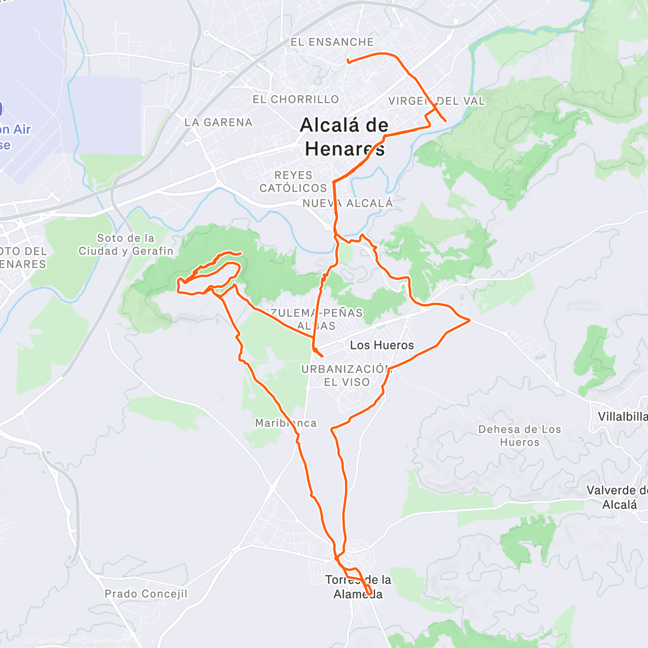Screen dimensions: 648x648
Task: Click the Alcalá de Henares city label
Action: point(344,137)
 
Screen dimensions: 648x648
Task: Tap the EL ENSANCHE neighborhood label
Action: point(332,42)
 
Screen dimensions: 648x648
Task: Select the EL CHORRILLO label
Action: point(296,99)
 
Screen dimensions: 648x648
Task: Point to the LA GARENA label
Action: point(218,123)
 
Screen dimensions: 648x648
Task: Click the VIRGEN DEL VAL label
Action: point(436,101)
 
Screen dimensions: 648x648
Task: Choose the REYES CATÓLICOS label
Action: point(293,182)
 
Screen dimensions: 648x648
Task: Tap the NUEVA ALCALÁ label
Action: point(348,204)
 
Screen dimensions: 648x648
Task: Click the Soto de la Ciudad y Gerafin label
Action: point(126,245)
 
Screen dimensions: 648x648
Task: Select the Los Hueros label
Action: point(382,345)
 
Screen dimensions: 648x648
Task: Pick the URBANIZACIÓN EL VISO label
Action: point(346,375)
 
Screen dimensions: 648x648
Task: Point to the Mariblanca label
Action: point(286,423)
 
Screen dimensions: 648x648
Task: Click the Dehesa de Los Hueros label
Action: point(519,436)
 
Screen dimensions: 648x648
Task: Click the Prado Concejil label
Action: point(146,593)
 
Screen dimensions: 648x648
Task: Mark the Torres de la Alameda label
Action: point(358,587)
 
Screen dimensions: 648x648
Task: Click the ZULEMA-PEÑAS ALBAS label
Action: point(317,319)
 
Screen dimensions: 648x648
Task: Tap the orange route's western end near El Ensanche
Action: point(348,62)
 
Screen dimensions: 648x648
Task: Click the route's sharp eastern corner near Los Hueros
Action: point(470,320)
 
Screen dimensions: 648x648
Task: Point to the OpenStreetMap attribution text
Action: point(111,641)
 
